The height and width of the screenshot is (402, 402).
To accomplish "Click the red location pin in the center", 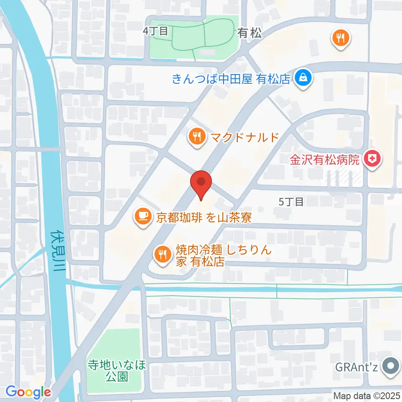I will (201, 183).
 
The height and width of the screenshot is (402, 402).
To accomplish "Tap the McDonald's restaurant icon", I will (196, 137).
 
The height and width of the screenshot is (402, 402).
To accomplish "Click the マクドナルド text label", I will (244, 137).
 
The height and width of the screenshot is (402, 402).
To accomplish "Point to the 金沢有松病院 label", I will (325, 160).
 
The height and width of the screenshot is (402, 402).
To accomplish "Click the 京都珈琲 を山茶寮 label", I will (204, 217).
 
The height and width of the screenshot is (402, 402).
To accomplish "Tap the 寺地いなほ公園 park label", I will (117, 370).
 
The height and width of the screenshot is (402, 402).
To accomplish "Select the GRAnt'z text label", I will (357, 368).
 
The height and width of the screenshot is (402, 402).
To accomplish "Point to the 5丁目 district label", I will (291, 202).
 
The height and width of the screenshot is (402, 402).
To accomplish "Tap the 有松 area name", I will (250, 32).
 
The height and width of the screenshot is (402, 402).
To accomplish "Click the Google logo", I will (28, 392).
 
